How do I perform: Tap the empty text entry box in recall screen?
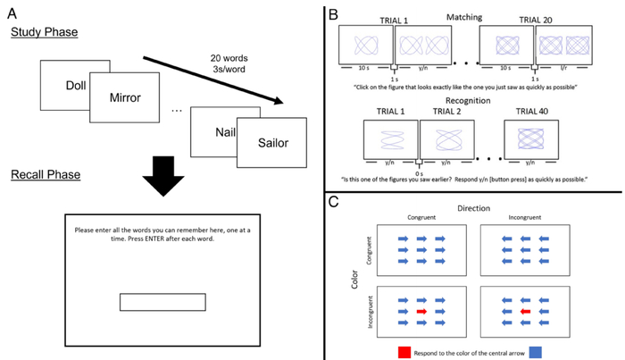point(163,302)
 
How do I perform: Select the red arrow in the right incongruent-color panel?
point(525,312)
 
